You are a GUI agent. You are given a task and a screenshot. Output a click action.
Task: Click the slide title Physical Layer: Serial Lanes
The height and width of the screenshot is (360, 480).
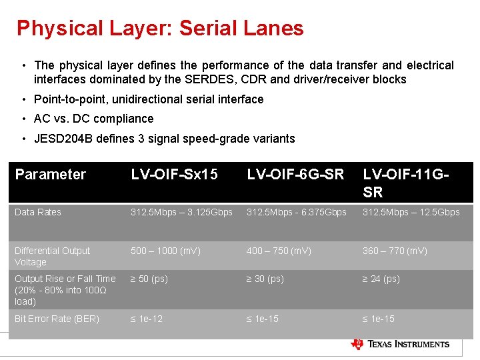pyautogui.click(x=160, y=28)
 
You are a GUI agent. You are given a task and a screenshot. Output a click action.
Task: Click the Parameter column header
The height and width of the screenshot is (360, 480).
pyautogui.click(x=51, y=175)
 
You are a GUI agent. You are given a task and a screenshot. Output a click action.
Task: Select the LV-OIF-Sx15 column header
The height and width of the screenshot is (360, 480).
pyautogui.click(x=174, y=175)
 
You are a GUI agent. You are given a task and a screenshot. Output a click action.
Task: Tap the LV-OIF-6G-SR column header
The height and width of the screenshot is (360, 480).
pyautogui.click(x=295, y=175)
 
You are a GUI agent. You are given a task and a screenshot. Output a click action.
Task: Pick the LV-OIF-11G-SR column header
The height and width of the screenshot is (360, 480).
pyautogui.click(x=405, y=183)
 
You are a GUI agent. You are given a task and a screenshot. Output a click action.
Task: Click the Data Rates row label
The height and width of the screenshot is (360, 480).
pyautogui.click(x=38, y=212)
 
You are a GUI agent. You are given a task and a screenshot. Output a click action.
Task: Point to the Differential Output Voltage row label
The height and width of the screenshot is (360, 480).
pyautogui.click(x=52, y=256)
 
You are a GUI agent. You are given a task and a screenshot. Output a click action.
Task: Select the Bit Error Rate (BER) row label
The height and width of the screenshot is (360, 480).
pyautogui.click(x=57, y=319)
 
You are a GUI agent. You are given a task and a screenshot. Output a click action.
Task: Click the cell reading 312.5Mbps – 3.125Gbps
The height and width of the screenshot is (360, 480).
pyautogui.click(x=181, y=212)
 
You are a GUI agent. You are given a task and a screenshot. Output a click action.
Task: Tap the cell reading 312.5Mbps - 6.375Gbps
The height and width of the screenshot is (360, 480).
pyautogui.click(x=297, y=212)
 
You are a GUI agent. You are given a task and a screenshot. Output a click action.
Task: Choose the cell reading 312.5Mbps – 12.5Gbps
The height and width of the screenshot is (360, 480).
pyautogui.click(x=411, y=212)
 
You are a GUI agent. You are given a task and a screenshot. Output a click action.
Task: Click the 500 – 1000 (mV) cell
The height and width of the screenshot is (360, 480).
pyautogui.click(x=165, y=251)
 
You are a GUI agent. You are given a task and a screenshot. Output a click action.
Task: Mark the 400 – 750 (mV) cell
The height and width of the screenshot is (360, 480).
pyautogui.click(x=279, y=251)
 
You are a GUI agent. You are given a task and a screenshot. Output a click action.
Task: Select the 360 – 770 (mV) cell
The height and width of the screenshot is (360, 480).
pyautogui.click(x=395, y=251)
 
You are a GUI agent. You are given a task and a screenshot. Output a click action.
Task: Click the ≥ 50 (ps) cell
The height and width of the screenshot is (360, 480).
pyautogui.click(x=149, y=279)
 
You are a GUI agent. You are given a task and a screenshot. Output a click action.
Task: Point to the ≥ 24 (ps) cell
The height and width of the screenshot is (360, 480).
pyautogui.click(x=381, y=279)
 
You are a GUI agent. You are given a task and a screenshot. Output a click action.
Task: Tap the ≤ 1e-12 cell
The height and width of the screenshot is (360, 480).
pyautogui.click(x=147, y=319)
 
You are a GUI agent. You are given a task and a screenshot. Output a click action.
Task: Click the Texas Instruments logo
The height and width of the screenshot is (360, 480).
pyautogui.click(x=400, y=344)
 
